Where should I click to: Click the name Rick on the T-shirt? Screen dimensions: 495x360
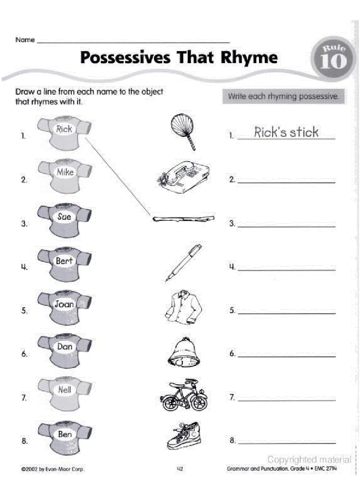coord(64,129)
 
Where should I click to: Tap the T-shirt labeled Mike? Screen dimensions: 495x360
coord(64,174)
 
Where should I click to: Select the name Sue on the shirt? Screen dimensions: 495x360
coord(64,216)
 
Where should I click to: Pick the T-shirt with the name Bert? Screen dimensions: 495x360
coord(64,262)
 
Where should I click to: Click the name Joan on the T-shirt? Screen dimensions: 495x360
coord(64,304)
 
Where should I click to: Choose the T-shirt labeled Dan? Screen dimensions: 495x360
coord(64,348)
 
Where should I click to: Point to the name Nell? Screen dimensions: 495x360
coord(64,390)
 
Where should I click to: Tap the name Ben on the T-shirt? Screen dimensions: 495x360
coord(64,435)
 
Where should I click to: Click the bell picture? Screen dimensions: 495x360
coord(182,351)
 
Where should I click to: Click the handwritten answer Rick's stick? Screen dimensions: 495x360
coord(286,132)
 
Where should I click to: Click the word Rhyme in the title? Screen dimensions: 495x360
coord(250,57)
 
